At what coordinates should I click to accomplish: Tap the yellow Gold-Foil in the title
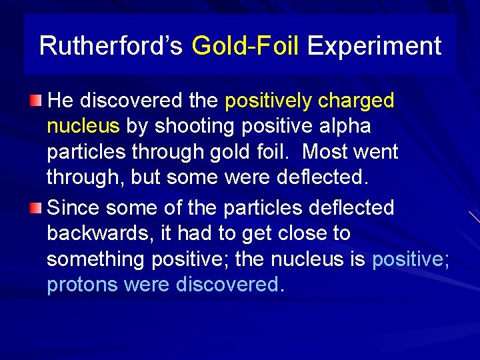[x=245, y=46]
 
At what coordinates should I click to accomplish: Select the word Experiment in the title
[x=374, y=46]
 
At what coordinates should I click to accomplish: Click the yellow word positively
[x=268, y=101]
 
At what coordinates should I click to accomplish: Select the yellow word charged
[x=356, y=101]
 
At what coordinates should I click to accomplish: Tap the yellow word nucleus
[x=83, y=126]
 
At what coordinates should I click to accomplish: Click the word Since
[x=74, y=207]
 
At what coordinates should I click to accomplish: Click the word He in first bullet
[x=61, y=101]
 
